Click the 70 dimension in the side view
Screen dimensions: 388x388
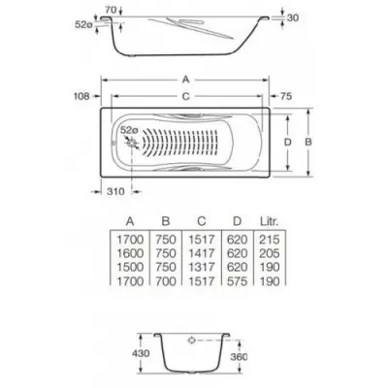coord(111,10)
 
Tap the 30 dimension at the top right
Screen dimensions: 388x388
coord(292,17)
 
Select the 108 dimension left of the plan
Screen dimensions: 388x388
coord(81,96)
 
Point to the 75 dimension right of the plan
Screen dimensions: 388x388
coord(286,96)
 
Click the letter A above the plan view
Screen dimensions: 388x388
coord(185,80)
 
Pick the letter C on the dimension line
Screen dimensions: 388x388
coord(185,96)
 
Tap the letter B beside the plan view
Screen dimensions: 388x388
coord(308,142)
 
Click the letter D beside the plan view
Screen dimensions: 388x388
coord(287,142)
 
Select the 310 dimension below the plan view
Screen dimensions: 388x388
coord(115,191)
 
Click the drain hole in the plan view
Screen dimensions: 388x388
coord(132,143)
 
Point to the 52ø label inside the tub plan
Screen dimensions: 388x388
coord(129,131)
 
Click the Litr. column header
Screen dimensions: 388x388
coord(269,221)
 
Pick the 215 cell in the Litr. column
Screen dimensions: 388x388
coord(270,240)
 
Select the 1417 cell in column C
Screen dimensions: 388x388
coord(202,253)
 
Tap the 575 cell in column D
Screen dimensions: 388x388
coord(237,281)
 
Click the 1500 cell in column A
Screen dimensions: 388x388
coord(130,267)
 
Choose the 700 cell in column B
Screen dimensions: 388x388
coord(166,281)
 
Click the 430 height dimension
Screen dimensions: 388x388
coord(141,353)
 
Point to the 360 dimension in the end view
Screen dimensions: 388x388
coord(239,357)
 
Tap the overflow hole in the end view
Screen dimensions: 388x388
coord(192,340)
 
